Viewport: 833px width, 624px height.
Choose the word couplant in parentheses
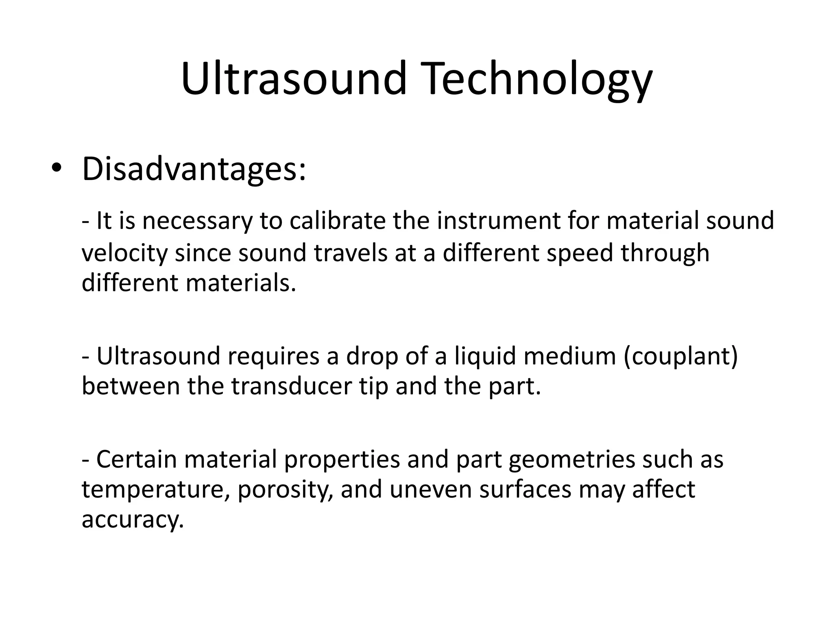pyautogui.click(x=680, y=357)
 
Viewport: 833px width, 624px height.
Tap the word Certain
pyautogui.click(x=136, y=459)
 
